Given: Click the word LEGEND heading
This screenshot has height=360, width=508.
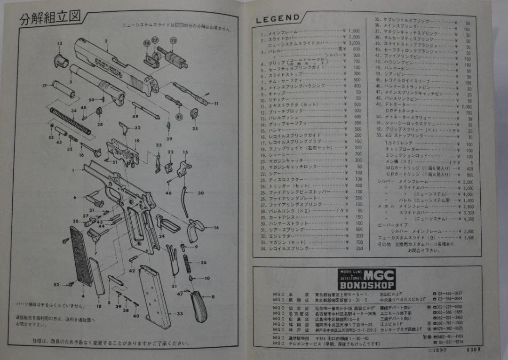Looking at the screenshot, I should coord(278,19).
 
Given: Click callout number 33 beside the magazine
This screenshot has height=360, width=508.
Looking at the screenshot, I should coord(180,313).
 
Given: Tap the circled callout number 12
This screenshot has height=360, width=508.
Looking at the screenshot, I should coord(173,41).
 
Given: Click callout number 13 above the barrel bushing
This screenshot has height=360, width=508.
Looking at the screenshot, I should coord(60,44).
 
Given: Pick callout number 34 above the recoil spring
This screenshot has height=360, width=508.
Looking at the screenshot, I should coord(73,111).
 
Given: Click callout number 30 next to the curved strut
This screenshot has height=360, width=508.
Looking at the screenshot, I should coord(200,193).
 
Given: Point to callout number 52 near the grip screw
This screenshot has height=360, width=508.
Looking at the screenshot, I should coord(56,285).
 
